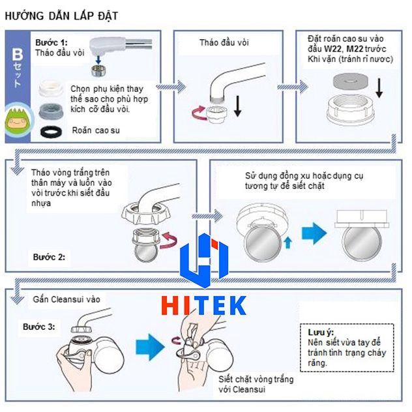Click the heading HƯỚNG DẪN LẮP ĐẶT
pos(61,15)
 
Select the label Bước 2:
pos(49,257)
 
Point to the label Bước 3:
pos(40,325)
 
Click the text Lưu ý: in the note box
pos(320,332)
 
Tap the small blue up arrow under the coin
pos(289,243)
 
